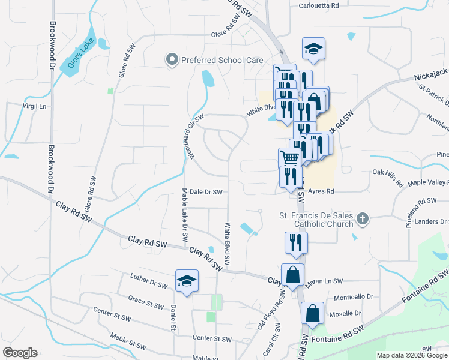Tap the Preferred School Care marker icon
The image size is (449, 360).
(172, 59)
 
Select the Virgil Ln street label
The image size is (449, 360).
(34, 106)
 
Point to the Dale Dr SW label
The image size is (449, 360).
(206, 192)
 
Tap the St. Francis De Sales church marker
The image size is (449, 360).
(362, 218)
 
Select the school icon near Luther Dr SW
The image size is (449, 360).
(187, 281)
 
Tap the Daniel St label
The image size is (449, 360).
(173, 317)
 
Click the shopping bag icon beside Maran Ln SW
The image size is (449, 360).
(292, 275)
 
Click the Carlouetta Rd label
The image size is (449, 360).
(319, 5)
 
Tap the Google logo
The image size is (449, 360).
(20, 353)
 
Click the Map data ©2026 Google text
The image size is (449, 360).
(413, 355)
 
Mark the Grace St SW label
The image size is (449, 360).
(146, 302)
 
